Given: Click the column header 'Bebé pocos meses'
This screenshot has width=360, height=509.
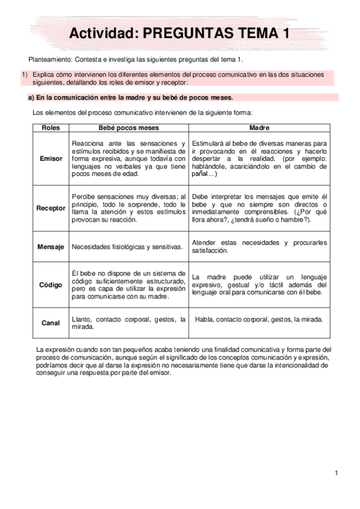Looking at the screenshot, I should (x=128, y=128).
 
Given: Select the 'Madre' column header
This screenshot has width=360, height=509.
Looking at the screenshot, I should (x=259, y=128).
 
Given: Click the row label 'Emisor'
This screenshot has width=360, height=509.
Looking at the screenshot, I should (x=50, y=158).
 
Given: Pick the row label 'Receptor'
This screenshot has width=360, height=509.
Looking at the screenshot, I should (x=50, y=208).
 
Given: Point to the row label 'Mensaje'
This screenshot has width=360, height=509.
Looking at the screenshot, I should (x=50, y=247).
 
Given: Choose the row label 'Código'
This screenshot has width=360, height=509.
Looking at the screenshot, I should (x=50, y=285).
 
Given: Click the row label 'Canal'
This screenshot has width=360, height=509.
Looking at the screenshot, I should (x=50, y=323).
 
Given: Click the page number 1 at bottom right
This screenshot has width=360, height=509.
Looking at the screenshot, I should (x=337, y=474).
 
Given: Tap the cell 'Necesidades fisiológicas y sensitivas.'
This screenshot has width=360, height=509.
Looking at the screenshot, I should (x=127, y=247).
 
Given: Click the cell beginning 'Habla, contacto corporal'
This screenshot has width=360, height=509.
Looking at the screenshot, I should (x=259, y=319).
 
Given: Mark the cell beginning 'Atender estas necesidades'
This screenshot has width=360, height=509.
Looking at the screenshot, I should (x=259, y=247).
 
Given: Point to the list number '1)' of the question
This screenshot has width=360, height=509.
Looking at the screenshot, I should (x=25, y=74).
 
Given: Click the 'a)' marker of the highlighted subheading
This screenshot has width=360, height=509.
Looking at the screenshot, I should (x=32, y=97).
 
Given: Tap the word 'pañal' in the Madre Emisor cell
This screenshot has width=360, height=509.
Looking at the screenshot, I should (x=201, y=174).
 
